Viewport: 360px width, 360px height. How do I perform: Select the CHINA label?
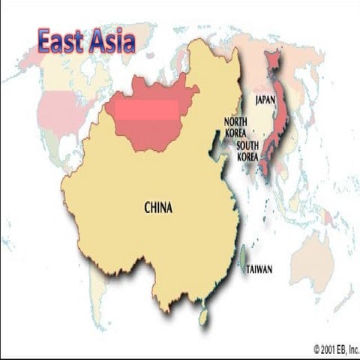157,208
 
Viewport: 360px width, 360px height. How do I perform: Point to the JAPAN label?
265,99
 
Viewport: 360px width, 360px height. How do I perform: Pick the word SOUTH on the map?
247,146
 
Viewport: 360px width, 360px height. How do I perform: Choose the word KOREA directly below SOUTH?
247,157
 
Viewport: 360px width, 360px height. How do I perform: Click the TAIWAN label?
259,269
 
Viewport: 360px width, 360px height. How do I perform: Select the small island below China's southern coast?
203,317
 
